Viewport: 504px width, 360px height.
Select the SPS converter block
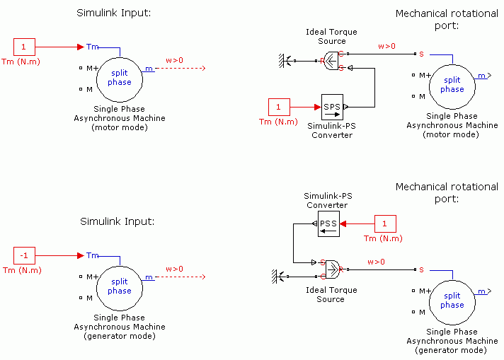[x=332, y=107]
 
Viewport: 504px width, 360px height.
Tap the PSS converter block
[x=328, y=223]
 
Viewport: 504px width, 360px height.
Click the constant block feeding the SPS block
[x=278, y=107]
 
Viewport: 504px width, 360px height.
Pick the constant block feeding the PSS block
[x=384, y=223]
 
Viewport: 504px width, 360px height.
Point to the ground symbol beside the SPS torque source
[x=287, y=62]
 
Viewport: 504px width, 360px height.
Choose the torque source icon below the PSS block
[x=331, y=268]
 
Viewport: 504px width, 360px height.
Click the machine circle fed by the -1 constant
[x=120, y=286]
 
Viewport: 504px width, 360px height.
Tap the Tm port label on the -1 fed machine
[x=92, y=255]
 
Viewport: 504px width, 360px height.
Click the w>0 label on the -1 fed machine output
[x=174, y=269]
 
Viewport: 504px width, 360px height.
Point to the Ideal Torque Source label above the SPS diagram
[x=331, y=37]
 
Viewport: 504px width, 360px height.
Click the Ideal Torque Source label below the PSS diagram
[x=331, y=294]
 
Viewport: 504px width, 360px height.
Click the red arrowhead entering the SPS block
[x=317, y=107]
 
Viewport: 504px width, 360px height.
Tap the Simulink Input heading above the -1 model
[x=117, y=221]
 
